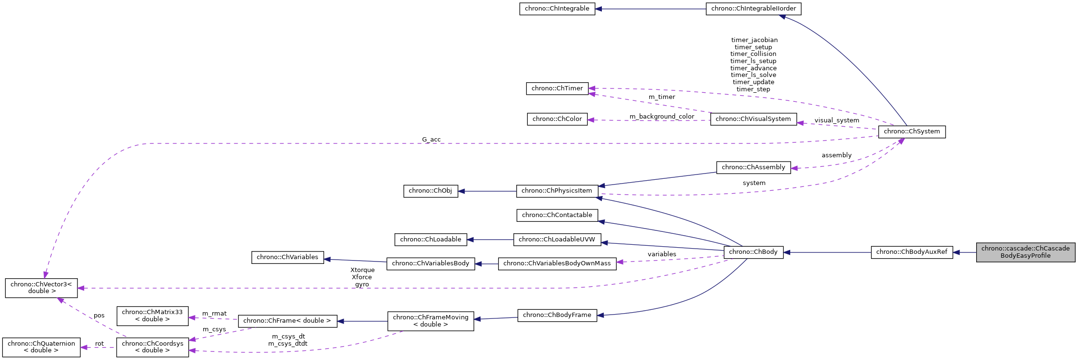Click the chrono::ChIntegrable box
(557, 9)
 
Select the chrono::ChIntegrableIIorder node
(753, 9)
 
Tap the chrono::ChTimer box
(557, 88)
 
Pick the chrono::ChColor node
(557, 119)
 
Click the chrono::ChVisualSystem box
(753, 119)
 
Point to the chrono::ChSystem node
(912, 131)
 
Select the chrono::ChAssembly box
(753, 167)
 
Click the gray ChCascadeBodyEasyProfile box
(1025, 252)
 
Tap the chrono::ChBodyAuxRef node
(911, 252)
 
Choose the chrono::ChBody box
(753, 252)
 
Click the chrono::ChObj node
(430, 191)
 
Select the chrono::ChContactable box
(557, 215)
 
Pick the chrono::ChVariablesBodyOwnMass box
(557, 263)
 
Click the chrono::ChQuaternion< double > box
(41, 347)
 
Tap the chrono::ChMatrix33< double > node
(152, 316)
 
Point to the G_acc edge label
(431, 140)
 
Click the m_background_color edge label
(662, 117)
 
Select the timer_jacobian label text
(754, 40)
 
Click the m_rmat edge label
(214, 314)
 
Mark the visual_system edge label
(837, 120)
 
